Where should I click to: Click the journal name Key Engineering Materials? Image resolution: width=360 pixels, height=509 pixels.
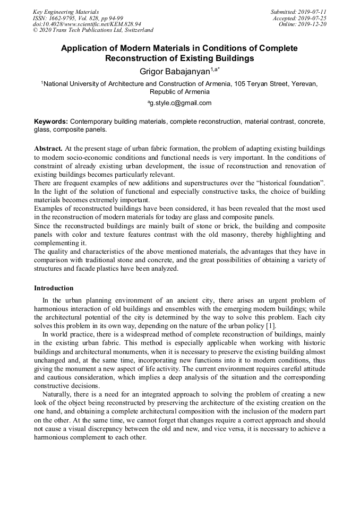(x=65, y=12)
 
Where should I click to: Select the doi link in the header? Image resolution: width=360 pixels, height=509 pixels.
(x=87, y=24)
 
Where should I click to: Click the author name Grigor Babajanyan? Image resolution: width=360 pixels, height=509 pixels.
(x=173, y=71)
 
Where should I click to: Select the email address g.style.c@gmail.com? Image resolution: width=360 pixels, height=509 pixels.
(x=181, y=103)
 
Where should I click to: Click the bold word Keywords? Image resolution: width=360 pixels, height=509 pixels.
(x=51, y=122)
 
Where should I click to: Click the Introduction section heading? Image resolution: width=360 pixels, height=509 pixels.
(x=54, y=288)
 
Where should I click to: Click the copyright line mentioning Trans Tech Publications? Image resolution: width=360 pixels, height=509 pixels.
(x=93, y=30)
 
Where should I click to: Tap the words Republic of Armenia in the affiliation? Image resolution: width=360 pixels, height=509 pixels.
(x=179, y=91)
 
